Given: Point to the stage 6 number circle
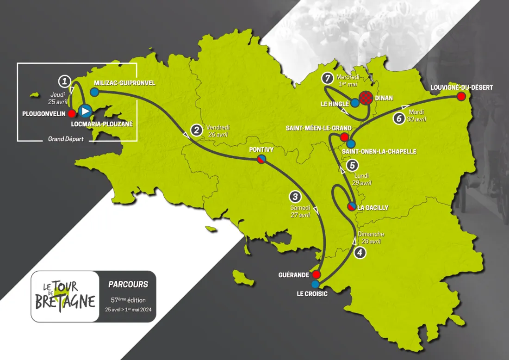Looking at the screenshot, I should pyautogui.click(x=399, y=118).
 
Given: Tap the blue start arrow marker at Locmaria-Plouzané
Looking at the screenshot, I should pyautogui.click(x=85, y=111).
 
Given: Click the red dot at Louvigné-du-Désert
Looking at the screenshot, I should pyautogui.click(x=461, y=96).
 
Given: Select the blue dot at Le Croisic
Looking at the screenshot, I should pyautogui.click(x=316, y=284).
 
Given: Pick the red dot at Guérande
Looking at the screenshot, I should pyautogui.click(x=317, y=274).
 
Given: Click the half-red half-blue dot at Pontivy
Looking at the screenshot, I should pyautogui.click(x=261, y=159).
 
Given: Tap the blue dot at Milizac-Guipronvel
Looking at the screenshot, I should pyautogui.click(x=94, y=92).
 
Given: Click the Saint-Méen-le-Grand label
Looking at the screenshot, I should pyautogui.click(x=318, y=128).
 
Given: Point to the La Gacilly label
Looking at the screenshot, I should pyautogui.click(x=372, y=208).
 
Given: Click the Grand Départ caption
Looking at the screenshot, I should pyautogui.click(x=66, y=139).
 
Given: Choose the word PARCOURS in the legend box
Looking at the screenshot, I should pyautogui.click(x=128, y=285).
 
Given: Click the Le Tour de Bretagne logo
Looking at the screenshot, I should pyautogui.click(x=65, y=296).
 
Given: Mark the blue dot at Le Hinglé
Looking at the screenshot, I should pyautogui.click(x=354, y=102).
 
